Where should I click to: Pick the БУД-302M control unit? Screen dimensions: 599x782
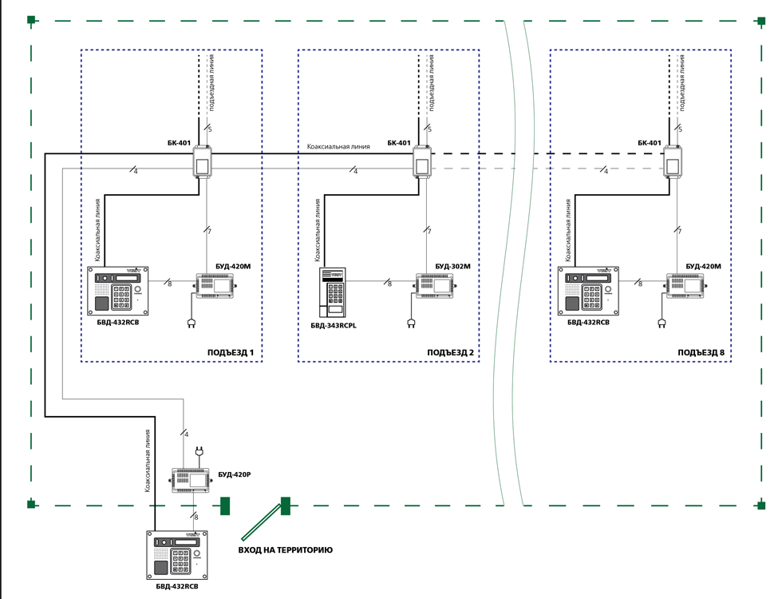coord(434,285)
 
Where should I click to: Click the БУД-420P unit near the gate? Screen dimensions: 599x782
coord(192,479)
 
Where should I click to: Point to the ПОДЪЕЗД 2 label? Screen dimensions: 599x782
coord(450,352)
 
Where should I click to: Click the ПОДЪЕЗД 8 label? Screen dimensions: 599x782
coord(701,352)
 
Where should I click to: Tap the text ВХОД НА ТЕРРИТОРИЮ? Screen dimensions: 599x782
coord(286,550)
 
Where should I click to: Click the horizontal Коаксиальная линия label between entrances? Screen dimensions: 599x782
coord(338,147)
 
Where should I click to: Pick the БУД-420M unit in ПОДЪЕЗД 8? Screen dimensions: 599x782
coord(686,285)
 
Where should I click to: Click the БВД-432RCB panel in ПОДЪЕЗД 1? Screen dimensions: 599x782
coord(120,291)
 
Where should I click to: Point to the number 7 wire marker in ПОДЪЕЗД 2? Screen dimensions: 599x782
coord(430,231)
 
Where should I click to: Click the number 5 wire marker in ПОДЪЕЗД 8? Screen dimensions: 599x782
coord(680,129)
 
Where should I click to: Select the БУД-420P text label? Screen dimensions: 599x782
coord(235,474)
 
